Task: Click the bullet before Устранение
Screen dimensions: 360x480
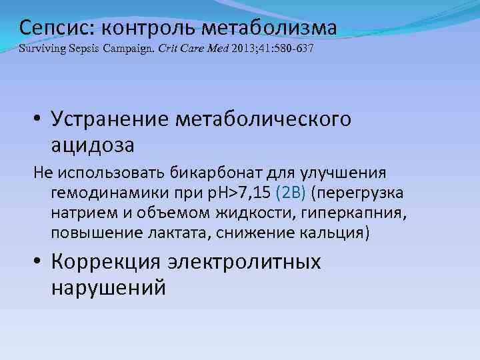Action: pos(38,121)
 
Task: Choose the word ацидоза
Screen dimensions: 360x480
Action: pos(92,144)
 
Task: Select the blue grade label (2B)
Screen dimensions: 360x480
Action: pos(293,193)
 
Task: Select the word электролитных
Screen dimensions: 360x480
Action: pos(248,263)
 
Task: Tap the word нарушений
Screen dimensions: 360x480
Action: pos(107,287)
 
